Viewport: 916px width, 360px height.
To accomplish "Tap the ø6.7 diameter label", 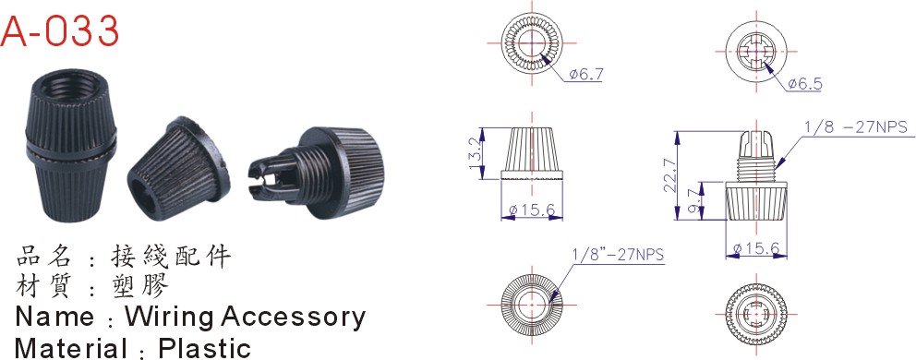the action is coord(585,75).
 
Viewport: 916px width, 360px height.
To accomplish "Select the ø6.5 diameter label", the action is coord(804,84).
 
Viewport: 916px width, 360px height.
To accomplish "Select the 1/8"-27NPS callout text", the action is coord(620,255).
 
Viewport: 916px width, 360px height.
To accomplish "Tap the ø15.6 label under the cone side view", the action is coord(532,210).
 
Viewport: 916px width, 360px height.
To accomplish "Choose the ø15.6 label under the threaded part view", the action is coord(756,249).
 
